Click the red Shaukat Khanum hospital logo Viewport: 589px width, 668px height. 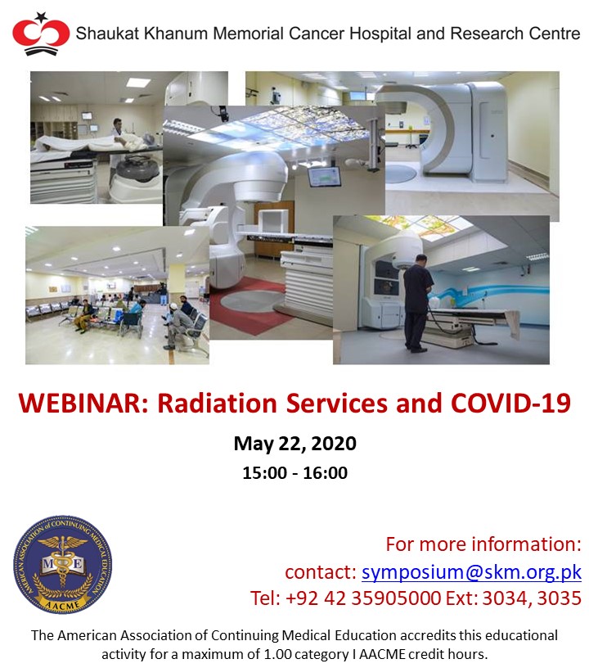click(x=41, y=34)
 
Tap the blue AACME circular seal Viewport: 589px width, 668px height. click(x=62, y=565)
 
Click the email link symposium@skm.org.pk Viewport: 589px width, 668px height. click(x=471, y=572)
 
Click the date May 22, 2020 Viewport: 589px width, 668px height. click(x=295, y=444)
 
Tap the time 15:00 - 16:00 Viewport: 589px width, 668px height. click(x=295, y=473)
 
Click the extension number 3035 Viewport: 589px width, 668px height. click(x=560, y=598)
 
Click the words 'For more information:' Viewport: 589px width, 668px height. click(x=483, y=544)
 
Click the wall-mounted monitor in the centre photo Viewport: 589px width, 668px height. click(x=324, y=177)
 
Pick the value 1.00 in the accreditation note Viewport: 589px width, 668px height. click(x=275, y=654)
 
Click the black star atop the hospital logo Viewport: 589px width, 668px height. click(x=41, y=17)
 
